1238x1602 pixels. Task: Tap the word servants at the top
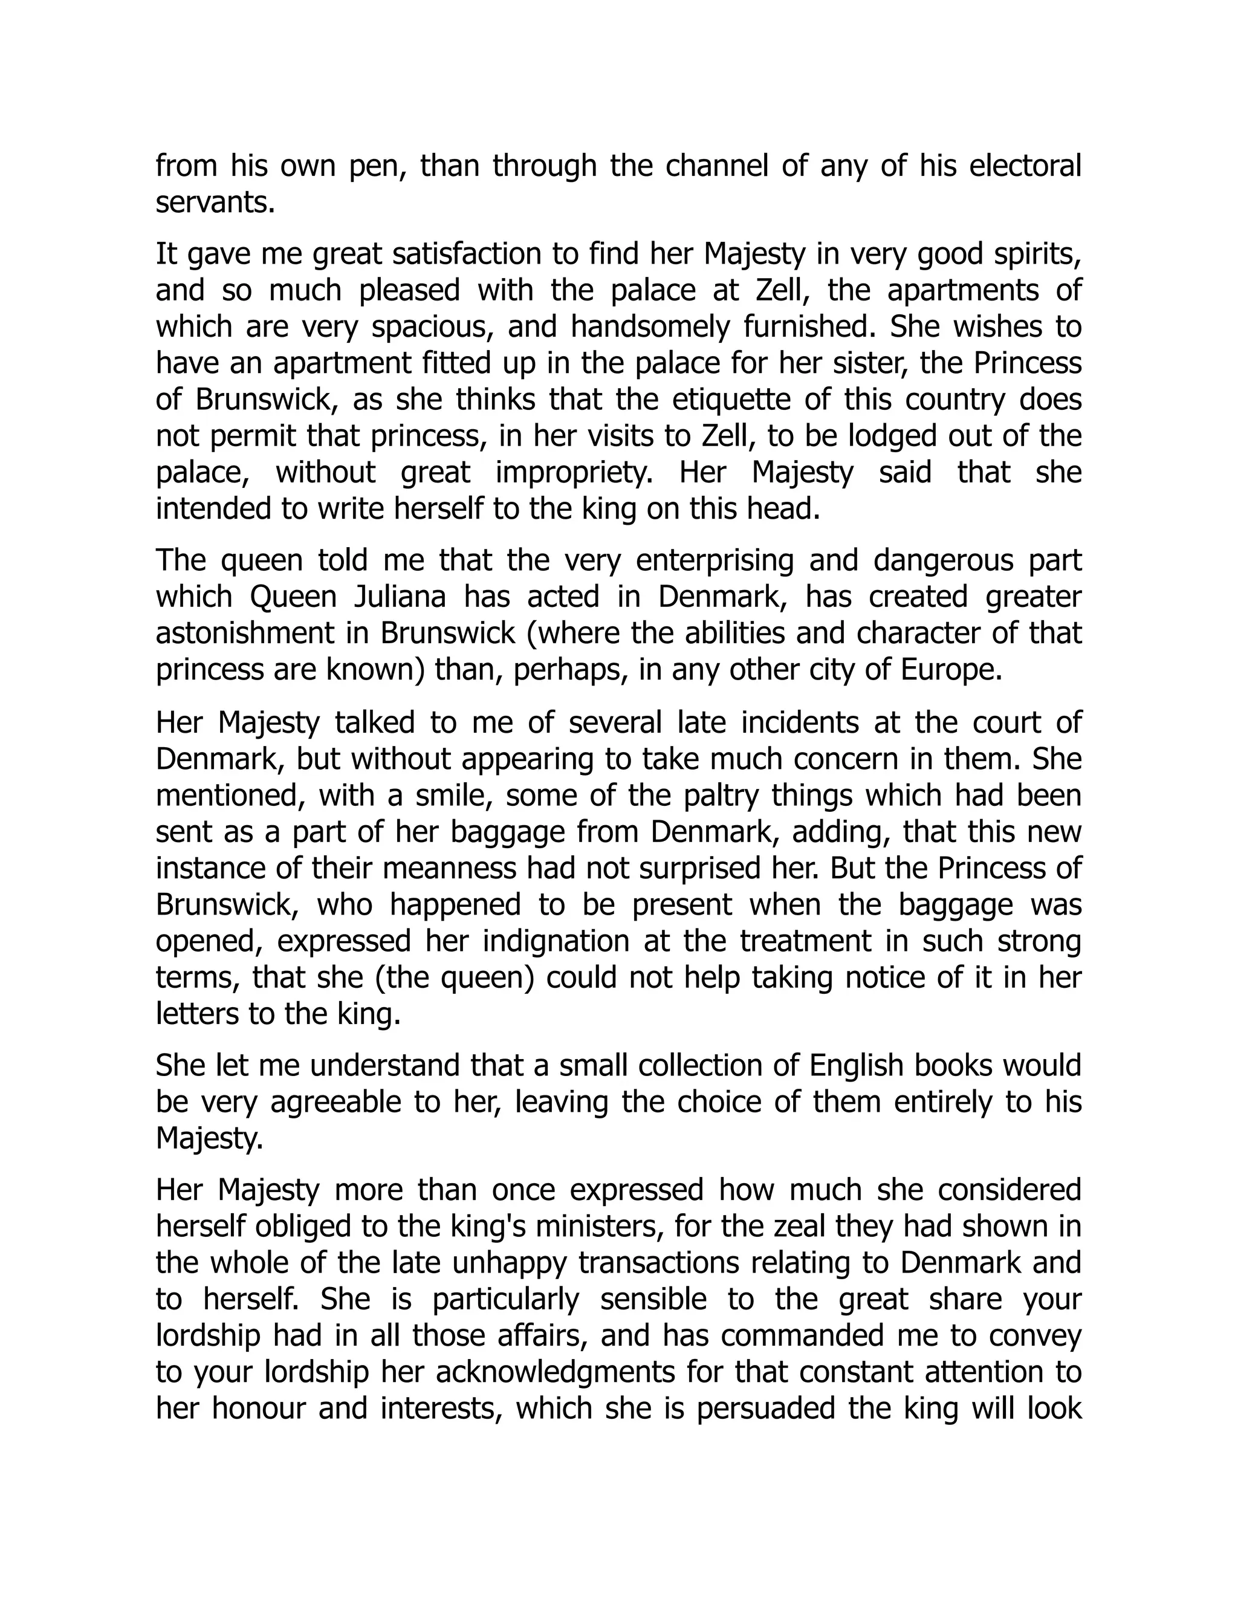pyautogui.click(x=214, y=203)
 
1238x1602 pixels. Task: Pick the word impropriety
pyautogui.click(x=574, y=472)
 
